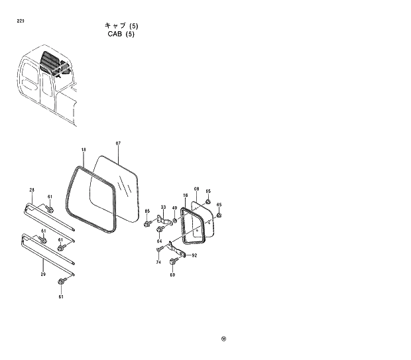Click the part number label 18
(x=84, y=150)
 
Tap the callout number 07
(x=117, y=144)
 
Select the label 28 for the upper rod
(x=31, y=191)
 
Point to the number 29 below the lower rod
(x=43, y=274)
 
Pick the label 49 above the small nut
(x=175, y=209)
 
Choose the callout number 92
(x=194, y=255)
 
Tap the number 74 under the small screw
(x=158, y=262)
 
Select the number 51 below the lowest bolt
(x=61, y=297)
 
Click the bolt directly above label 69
(x=173, y=263)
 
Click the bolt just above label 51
(x=61, y=284)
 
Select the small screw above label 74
(x=160, y=250)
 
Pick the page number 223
(x=20, y=21)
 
